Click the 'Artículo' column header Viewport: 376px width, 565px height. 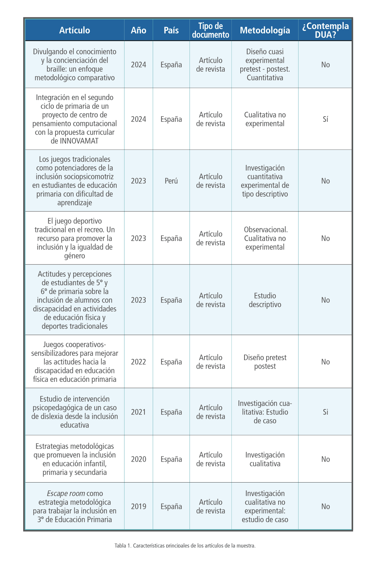click(75, 30)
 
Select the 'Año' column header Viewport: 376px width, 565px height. click(139, 30)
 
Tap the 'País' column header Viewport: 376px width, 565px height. click(171, 30)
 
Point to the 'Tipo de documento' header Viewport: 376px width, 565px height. click(211, 30)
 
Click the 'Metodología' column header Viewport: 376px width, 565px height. click(265, 30)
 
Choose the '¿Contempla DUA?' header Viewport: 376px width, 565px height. click(325, 30)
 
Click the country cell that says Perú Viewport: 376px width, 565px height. click(171, 181)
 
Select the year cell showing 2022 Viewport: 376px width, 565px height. click(139, 362)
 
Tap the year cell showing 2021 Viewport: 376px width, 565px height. click(139, 412)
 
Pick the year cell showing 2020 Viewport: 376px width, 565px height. click(139, 459)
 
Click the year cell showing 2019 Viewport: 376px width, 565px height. click(139, 506)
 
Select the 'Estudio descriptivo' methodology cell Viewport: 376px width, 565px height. click(265, 300)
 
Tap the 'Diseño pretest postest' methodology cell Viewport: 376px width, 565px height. click(265, 362)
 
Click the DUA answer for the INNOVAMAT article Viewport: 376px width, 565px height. click(325, 119)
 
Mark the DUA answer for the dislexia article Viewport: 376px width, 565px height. click(325, 412)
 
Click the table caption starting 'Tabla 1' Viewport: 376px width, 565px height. click(185, 546)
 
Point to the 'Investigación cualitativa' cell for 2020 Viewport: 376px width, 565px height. click(265, 459)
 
